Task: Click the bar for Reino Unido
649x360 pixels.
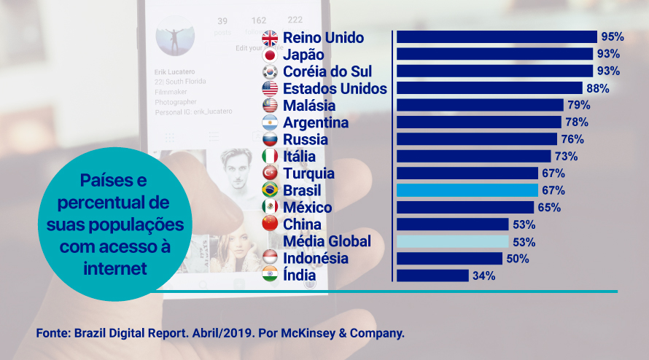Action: click(496, 37)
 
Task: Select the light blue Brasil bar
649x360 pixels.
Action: click(467, 190)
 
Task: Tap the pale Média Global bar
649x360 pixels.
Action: click(452, 241)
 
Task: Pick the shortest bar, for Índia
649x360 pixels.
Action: click(432, 275)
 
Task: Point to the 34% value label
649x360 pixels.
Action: click(483, 275)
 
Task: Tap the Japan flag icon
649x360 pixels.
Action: click(270, 55)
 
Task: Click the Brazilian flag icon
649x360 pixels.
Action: click(270, 190)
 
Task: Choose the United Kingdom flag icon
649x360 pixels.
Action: click(270, 38)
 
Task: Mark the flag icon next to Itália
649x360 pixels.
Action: click(270, 156)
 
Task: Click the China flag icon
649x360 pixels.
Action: click(270, 224)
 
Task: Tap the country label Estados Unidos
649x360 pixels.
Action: click(335, 88)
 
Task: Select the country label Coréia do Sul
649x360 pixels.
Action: click(327, 71)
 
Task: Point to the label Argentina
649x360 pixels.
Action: click(316, 122)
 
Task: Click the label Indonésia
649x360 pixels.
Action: click(316, 258)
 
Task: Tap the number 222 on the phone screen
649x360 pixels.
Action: click(295, 20)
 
